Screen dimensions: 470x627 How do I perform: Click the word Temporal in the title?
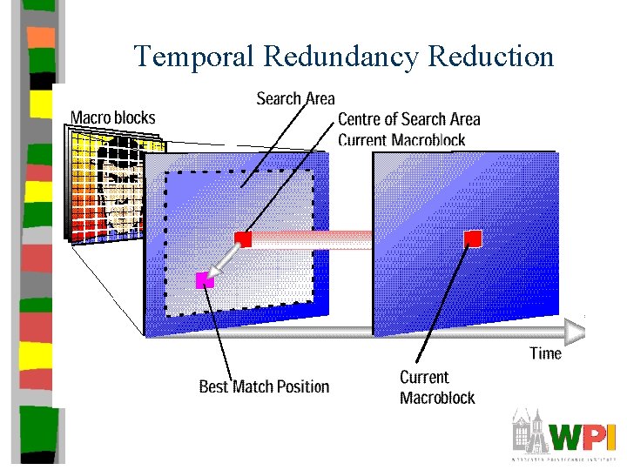[x=194, y=57]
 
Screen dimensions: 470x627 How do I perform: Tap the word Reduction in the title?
[x=492, y=57]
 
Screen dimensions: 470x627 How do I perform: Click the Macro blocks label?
[x=112, y=117]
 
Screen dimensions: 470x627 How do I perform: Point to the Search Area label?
[x=295, y=99]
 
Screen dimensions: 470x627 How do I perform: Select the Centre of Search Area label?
[x=408, y=119]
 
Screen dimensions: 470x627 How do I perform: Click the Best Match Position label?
[x=264, y=386]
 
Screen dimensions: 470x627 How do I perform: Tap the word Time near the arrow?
[x=545, y=353]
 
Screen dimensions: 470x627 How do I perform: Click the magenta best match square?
[x=205, y=279]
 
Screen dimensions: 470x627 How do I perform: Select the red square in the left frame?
[x=243, y=238]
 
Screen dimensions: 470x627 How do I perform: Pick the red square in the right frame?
[x=473, y=238]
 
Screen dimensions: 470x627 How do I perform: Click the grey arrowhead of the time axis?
[x=575, y=331]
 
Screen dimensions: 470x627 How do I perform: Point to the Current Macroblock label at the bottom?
[x=437, y=387]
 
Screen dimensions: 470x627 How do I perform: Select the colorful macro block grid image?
[x=106, y=187]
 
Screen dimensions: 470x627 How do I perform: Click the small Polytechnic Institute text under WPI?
[x=564, y=458]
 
